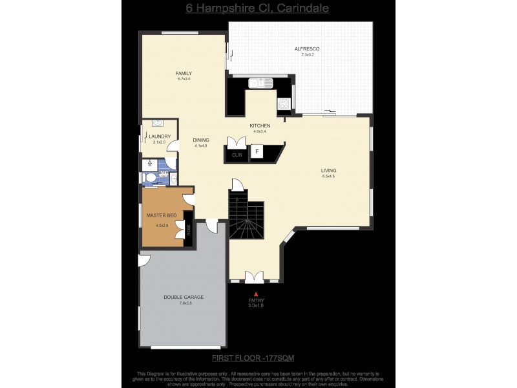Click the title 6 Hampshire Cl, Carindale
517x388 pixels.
coord(258,8)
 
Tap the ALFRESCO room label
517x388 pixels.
coord(307,49)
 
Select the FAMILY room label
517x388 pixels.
coord(184,73)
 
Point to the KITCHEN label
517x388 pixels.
coord(260,125)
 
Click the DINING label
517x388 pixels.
coord(201,140)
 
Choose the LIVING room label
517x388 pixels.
coord(329,171)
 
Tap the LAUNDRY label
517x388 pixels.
coord(159,136)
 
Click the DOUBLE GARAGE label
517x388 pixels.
coord(183,297)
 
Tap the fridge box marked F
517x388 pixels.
coord(257,153)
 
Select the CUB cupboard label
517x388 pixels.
coord(237,155)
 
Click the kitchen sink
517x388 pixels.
coord(262,83)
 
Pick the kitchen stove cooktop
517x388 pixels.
coord(283,103)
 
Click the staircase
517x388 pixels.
coord(246,220)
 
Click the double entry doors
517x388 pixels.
coord(254,277)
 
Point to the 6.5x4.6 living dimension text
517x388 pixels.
coord(329,177)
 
